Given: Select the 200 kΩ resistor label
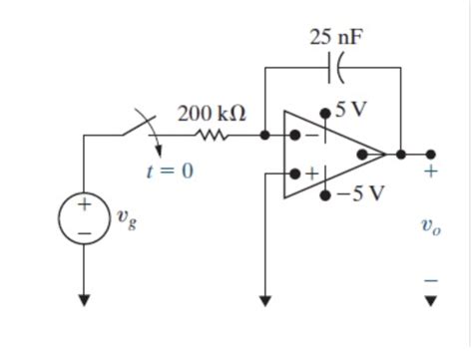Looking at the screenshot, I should coord(212,113).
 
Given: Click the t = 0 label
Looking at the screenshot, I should coord(170,171).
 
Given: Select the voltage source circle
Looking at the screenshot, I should coord(85,219).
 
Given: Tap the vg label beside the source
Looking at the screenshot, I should coord(126,219).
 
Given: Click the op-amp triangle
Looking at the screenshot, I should coord(329,154).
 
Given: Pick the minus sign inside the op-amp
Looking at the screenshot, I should coord(311,135).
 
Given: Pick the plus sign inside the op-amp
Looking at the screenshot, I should coord(311,174).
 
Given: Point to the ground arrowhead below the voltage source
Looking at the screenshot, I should coord(85,298).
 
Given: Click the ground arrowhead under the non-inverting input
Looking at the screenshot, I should coord(265,298).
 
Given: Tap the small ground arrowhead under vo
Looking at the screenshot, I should coord(430,299).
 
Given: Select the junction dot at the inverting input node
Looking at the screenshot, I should coord(265,134).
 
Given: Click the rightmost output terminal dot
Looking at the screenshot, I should coord(430,154).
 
